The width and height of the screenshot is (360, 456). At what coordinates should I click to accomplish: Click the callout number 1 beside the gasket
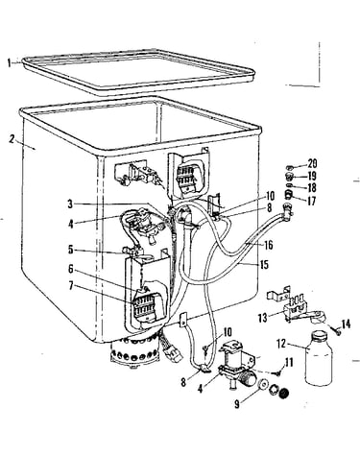[x=10, y=63]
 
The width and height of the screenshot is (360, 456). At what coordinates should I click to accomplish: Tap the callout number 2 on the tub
[x=12, y=139]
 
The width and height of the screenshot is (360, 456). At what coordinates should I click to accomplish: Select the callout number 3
[x=70, y=204]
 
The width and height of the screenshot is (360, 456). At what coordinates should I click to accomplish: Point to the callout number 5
[x=70, y=250]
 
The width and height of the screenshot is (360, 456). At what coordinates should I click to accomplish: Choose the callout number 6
[x=70, y=269]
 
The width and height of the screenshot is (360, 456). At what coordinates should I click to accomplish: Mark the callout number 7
[x=70, y=286]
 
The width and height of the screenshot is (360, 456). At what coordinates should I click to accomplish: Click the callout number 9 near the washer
[x=237, y=404]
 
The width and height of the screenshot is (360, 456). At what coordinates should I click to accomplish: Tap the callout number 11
[x=289, y=363]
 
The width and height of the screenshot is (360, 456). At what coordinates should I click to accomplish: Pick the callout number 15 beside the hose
[x=264, y=265]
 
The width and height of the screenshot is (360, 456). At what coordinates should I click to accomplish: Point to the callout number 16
[x=268, y=245]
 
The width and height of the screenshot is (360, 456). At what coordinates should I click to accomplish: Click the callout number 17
[x=311, y=202]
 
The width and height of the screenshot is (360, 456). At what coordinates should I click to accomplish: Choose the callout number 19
[x=312, y=176]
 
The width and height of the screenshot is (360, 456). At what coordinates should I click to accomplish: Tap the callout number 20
[x=312, y=163]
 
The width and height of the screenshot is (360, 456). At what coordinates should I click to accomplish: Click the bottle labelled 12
[x=319, y=358]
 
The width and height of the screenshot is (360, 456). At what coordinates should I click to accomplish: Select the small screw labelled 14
[x=336, y=332]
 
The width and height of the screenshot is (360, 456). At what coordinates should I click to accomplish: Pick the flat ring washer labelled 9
[x=263, y=384]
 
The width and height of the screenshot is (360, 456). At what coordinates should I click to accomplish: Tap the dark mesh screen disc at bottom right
[x=284, y=394]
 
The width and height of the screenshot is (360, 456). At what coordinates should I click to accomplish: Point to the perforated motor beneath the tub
[x=134, y=353]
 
